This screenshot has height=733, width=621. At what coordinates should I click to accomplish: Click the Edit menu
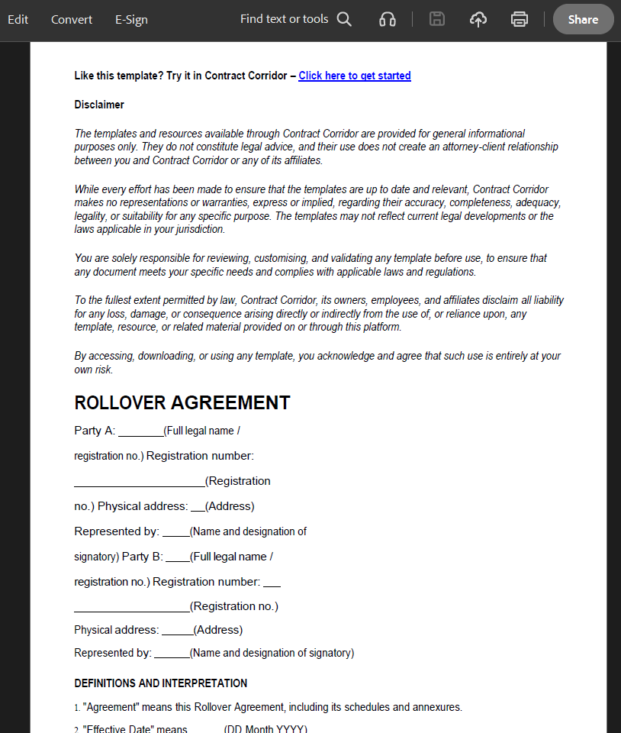(x=18, y=19)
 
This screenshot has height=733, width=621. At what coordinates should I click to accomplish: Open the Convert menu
(x=72, y=19)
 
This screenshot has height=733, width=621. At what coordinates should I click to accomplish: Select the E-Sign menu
(x=131, y=19)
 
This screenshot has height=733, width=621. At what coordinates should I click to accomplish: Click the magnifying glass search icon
(x=344, y=19)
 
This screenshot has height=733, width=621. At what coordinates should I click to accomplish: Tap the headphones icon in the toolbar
(x=388, y=19)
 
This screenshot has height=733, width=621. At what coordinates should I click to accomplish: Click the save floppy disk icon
(x=437, y=19)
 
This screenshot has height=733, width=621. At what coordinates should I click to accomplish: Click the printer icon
(x=520, y=19)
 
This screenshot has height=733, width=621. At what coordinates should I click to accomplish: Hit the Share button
(x=583, y=19)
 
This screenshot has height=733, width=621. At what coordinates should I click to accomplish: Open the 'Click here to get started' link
(x=355, y=76)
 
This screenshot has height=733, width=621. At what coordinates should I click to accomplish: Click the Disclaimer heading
(x=99, y=105)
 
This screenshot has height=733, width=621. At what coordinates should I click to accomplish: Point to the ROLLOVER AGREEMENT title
(x=182, y=402)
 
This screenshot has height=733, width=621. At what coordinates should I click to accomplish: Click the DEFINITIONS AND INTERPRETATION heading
(x=160, y=683)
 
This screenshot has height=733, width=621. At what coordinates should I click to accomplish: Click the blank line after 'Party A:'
(x=140, y=431)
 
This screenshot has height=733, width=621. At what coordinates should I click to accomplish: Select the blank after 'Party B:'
(x=177, y=557)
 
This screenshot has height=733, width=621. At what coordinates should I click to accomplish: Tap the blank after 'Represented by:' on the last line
(x=171, y=654)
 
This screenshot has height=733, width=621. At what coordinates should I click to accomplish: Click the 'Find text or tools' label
(x=284, y=19)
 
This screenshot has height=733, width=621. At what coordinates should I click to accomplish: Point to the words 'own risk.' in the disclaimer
(x=93, y=370)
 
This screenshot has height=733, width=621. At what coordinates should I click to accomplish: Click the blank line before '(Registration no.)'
(x=131, y=607)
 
